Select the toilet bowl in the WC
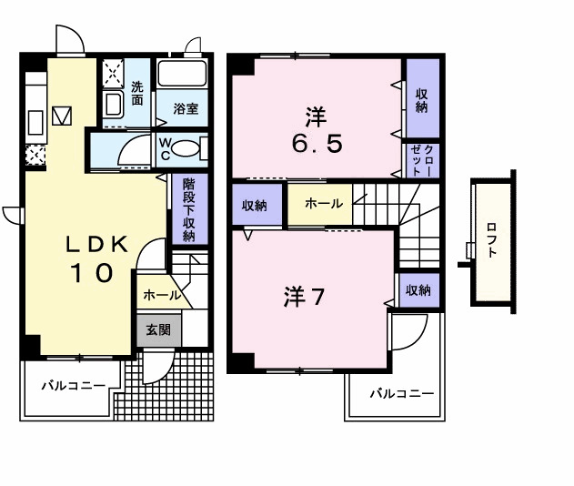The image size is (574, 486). click(x=186, y=150)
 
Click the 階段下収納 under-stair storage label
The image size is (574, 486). click(x=188, y=208)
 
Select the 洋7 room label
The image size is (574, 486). click(x=304, y=297)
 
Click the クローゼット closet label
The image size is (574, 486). click(x=422, y=160)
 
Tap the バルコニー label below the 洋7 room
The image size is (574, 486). click(x=401, y=394)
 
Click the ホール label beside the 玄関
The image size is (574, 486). click(x=160, y=296)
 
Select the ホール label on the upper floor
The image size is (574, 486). click(x=323, y=204)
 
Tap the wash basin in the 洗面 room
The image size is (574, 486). click(x=114, y=103)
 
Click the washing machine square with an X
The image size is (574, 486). click(x=113, y=71)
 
